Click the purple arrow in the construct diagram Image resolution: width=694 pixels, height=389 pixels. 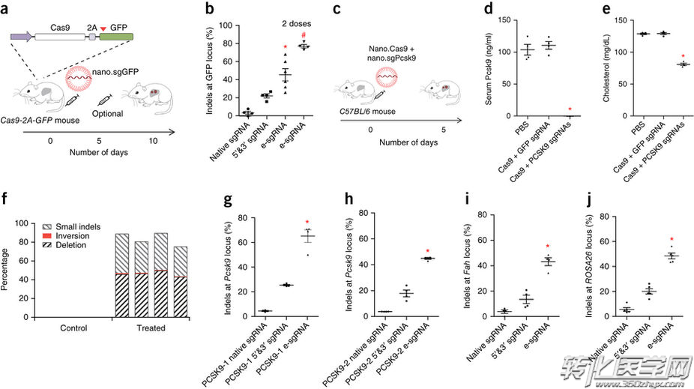[x=21, y=35]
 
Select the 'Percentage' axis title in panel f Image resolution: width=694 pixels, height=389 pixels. [x=8, y=270]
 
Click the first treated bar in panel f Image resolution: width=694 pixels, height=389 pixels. [x=121, y=275]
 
